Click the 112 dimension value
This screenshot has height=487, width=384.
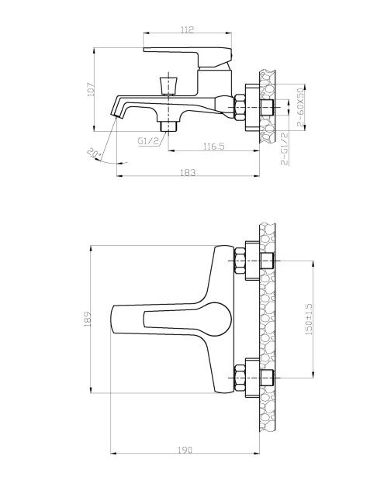pos(187,29)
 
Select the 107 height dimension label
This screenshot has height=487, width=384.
pos(91,89)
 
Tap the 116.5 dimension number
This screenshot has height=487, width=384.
pos(214,146)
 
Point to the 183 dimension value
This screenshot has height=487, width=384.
pos(188,172)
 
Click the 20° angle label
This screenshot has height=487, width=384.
pos(94,154)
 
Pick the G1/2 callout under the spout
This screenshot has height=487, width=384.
pos(148,141)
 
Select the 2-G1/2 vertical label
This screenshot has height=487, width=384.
pos(284,148)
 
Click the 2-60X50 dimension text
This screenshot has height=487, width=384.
pos(300,107)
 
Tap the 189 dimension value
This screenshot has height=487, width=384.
pos(88,319)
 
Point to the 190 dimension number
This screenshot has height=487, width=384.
pos(185,450)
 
